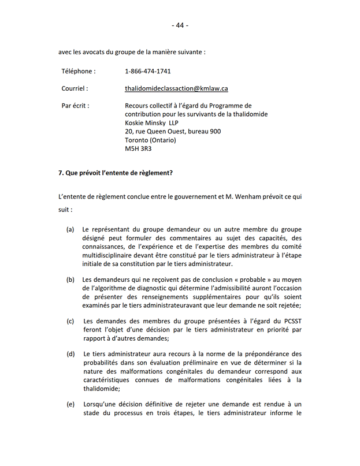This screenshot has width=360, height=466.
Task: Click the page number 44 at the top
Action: [x=180, y=25]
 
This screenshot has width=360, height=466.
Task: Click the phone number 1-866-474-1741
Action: [x=147, y=72]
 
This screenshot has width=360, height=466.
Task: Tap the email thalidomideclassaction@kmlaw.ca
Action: [x=176, y=89]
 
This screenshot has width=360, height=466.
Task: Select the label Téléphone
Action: [x=79, y=72]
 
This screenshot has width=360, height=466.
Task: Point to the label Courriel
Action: [x=75, y=89]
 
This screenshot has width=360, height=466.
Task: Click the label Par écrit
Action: [x=75, y=106]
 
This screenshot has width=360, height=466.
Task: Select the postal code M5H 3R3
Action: [x=138, y=148]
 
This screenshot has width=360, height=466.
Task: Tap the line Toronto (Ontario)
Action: [x=150, y=140]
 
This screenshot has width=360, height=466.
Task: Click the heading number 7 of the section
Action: [x=60, y=173]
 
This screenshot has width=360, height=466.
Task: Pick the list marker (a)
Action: [x=70, y=229]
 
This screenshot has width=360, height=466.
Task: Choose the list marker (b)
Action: [x=70, y=280]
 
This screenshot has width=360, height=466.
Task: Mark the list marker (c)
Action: [x=70, y=321]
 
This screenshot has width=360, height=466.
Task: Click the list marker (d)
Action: [x=70, y=354]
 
